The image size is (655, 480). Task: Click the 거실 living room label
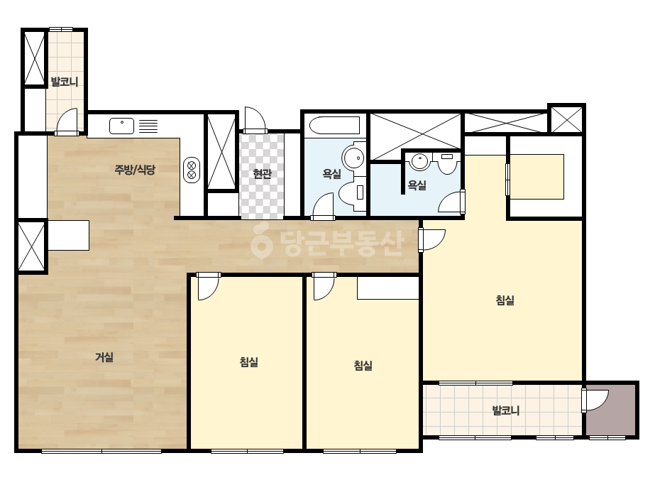pos(104,357)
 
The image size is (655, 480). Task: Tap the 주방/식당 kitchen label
pos(135,170)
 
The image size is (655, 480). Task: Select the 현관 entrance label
pos(263,173)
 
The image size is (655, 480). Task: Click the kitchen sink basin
pos(121,126)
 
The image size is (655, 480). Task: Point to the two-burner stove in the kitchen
pos(192,170)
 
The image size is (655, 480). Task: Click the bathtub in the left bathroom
pos(334,126)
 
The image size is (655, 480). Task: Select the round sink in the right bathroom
pos(419,161)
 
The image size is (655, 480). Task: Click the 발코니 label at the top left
pos(65,82)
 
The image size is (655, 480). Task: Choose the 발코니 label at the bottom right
pos(506,410)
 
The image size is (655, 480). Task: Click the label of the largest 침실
pos(505,300)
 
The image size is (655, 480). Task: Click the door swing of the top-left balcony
pos(67,121)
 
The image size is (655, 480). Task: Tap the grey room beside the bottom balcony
pos(611,410)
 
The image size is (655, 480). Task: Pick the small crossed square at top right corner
pos(566,119)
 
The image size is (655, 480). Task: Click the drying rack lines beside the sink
pos(148,126)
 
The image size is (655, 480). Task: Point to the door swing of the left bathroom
pos(323,206)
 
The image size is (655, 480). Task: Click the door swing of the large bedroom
pos(433,239)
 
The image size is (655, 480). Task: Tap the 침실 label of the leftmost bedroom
pos(249,362)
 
